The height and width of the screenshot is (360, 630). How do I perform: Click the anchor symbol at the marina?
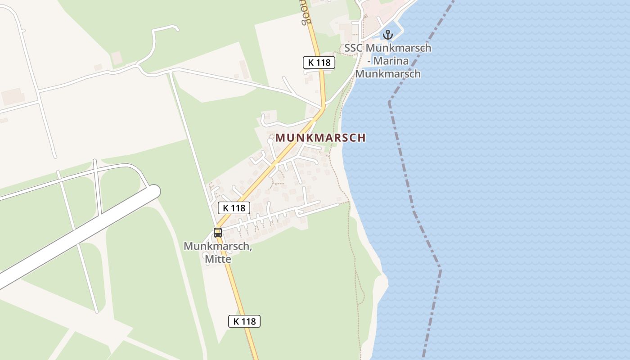(x=387, y=34)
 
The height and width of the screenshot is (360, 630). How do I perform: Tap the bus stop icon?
(x=218, y=233)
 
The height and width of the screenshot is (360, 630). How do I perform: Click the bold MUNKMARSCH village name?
(x=320, y=138)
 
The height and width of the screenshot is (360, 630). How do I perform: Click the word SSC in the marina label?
(x=353, y=48)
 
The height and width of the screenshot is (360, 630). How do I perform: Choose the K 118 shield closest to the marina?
(x=319, y=63)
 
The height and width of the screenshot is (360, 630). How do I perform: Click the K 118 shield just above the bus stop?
(x=234, y=207)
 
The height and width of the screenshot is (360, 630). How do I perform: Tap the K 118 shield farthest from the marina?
(x=244, y=321)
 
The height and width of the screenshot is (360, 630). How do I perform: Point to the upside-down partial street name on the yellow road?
(x=306, y=13)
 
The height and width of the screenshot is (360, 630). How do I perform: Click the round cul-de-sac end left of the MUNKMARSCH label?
(x=270, y=141)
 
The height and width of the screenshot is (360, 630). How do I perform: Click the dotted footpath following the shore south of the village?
(x=355, y=270)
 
